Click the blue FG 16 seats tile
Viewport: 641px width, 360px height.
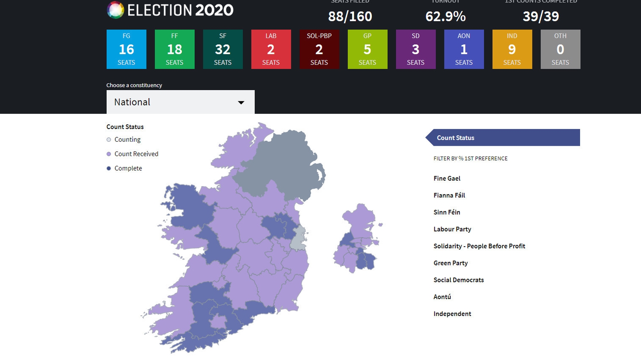coord(126,49)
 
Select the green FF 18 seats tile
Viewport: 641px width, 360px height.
coord(174,49)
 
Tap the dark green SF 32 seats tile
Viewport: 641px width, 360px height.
coord(223,49)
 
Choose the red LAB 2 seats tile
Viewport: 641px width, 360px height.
coord(271,49)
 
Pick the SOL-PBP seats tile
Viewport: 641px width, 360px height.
coord(319,49)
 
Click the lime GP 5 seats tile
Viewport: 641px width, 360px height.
coord(367,49)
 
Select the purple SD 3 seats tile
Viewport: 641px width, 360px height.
coord(415,49)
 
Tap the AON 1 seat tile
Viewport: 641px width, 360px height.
coord(464,49)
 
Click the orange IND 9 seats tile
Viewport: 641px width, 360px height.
coord(512,49)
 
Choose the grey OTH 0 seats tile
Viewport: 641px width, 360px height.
coord(560,49)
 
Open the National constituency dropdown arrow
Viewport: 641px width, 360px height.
coord(241,103)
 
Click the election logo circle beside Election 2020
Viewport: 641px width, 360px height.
coord(115,10)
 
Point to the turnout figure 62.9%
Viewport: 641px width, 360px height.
coord(445,16)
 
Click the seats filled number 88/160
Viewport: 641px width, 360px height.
coord(350,16)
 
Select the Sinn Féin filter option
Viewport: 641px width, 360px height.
coord(447,212)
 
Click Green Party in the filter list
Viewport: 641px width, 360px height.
coord(450,263)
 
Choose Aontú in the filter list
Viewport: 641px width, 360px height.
coord(442,297)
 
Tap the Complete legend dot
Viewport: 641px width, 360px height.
coord(109,169)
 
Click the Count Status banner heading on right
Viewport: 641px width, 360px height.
coord(456,138)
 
